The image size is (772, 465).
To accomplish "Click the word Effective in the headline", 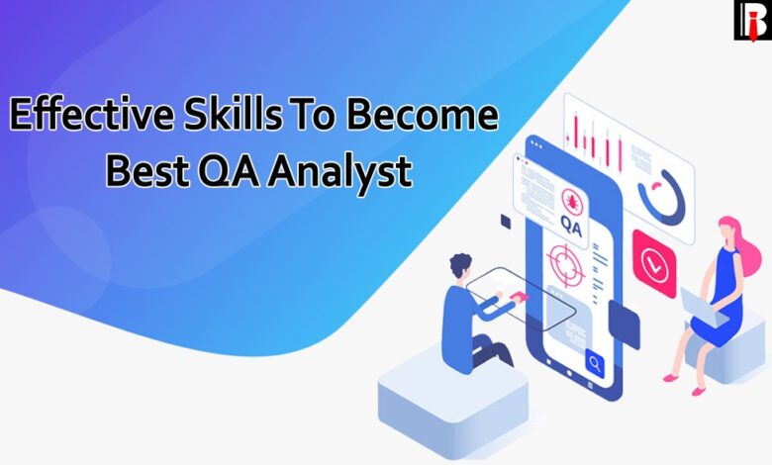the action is (92, 113).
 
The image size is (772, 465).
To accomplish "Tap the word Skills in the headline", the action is (234, 113).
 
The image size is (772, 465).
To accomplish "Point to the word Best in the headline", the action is (147, 170).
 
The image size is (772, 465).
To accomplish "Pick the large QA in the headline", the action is (229, 171).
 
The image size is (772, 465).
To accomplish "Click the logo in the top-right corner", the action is (753, 20).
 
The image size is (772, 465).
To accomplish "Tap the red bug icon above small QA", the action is (572, 201).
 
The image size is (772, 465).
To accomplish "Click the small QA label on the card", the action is (571, 228).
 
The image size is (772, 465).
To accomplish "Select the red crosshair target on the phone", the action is (565, 266).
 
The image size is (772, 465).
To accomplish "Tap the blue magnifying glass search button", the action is (595, 364).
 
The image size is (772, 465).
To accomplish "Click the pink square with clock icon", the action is (654, 263).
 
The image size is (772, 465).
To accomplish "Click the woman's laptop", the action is (703, 309).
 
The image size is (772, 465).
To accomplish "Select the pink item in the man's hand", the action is (519, 297).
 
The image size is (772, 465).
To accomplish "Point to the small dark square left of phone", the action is (506, 222).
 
